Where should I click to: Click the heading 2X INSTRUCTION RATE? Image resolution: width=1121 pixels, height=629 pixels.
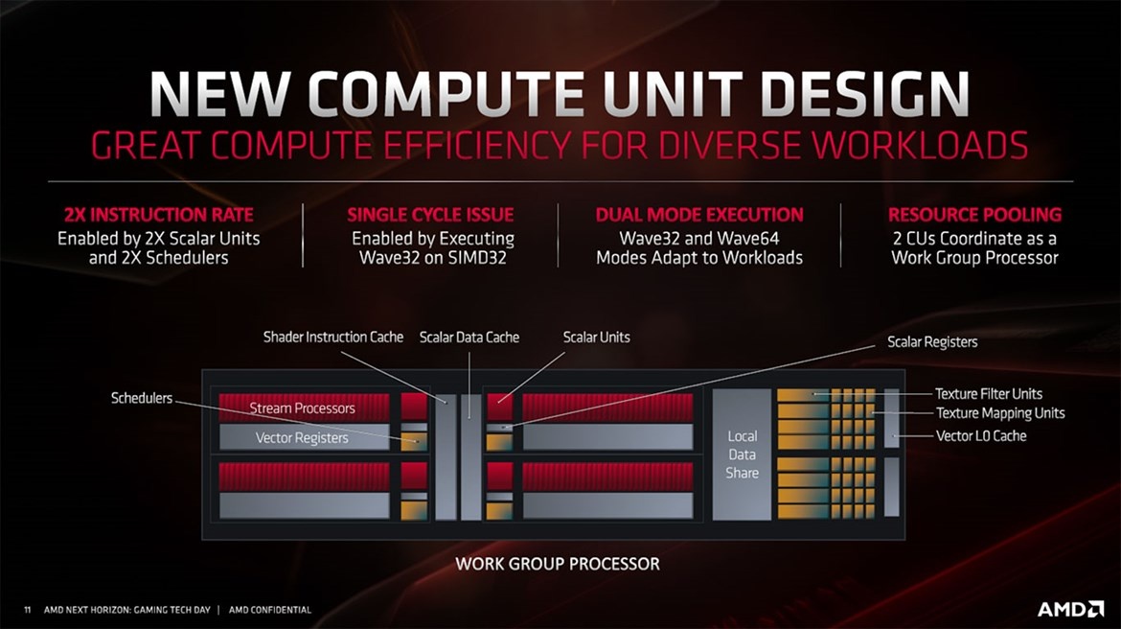tap(159, 215)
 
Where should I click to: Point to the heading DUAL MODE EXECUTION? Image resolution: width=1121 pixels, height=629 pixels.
tap(699, 215)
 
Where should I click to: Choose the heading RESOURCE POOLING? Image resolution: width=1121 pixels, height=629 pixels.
tap(974, 215)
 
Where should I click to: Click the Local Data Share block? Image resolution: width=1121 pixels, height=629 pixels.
tap(742, 454)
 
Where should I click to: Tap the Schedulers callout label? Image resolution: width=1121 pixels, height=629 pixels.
tap(142, 397)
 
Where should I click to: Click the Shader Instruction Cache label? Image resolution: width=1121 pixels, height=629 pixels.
tap(333, 337)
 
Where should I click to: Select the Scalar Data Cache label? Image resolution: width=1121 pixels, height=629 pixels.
tap(469, 337)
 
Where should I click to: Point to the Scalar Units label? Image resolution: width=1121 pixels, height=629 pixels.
tap(596, 337)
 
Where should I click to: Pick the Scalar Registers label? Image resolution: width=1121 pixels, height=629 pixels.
tap(932, 341)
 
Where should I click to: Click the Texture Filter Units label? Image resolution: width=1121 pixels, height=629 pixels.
tap(988, 393)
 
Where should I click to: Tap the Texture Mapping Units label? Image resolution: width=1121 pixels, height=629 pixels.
tap(999, 413)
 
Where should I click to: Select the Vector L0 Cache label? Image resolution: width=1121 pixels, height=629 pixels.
tap(980, 435)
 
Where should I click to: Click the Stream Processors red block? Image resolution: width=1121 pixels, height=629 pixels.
tap(303, 408)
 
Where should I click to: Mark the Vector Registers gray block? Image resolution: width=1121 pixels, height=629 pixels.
tap(303, 437)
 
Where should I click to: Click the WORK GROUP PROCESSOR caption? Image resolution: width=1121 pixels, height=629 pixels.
tap(558, 563)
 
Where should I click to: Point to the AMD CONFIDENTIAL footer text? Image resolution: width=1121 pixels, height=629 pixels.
tap(270, 610)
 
